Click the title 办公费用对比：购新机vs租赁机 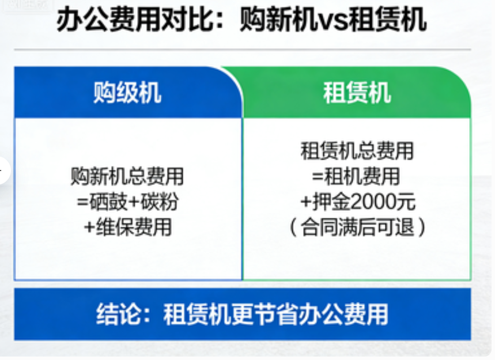[241, 20]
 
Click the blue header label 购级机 [127, 93]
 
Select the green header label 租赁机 [357, 93]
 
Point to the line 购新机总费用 [127, 176]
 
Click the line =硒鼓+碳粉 [128, 202]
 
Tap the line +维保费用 [128, 227]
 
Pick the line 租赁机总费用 [357, 151]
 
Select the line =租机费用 [356, 176]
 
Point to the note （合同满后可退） [357, 227]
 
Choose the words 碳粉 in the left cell [160, 202]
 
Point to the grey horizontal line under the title [243, 50]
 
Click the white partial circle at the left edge [5, 170]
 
